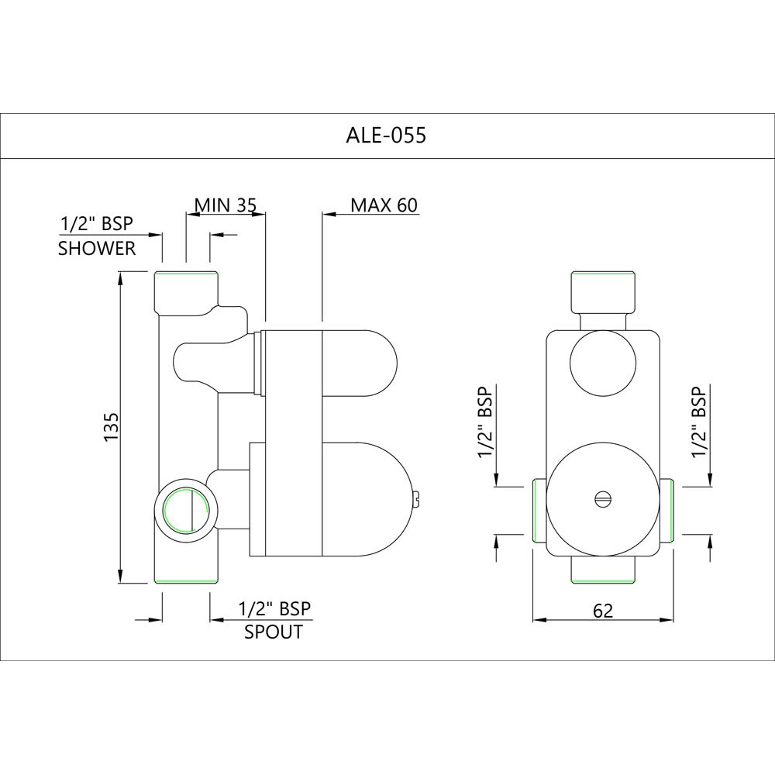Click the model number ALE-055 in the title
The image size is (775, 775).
[385, 136]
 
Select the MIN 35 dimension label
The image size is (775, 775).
[225, 205]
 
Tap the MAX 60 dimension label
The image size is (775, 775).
[384, 205]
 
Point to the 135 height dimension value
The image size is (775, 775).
[111, 427]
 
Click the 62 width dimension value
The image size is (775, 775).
[602, 611]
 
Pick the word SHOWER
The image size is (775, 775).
[97, 249]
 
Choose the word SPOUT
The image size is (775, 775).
[274, 632]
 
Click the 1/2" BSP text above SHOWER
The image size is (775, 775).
[97, 225]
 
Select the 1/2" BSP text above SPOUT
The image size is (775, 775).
[274, 608]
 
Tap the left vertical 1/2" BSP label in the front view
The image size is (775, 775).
[487, 422]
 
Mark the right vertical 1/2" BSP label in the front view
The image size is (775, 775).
[700, 422]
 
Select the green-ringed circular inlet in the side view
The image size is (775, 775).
[186, 511]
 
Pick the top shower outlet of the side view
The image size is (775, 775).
[186, 288]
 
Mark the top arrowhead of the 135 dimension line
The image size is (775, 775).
[121, 277]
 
